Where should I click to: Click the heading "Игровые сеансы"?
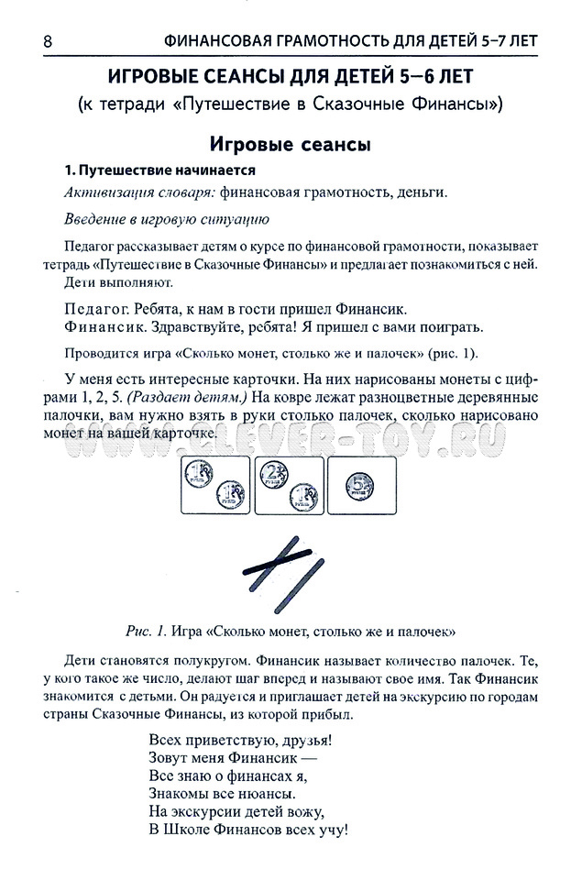tap(290, 144)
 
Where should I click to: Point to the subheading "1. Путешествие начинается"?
tap(158, 170)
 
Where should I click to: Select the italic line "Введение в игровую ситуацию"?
tap(166, 219)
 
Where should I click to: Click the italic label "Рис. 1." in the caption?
tap(146, 631)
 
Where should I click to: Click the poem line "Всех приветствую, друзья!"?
tap(239, 739)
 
